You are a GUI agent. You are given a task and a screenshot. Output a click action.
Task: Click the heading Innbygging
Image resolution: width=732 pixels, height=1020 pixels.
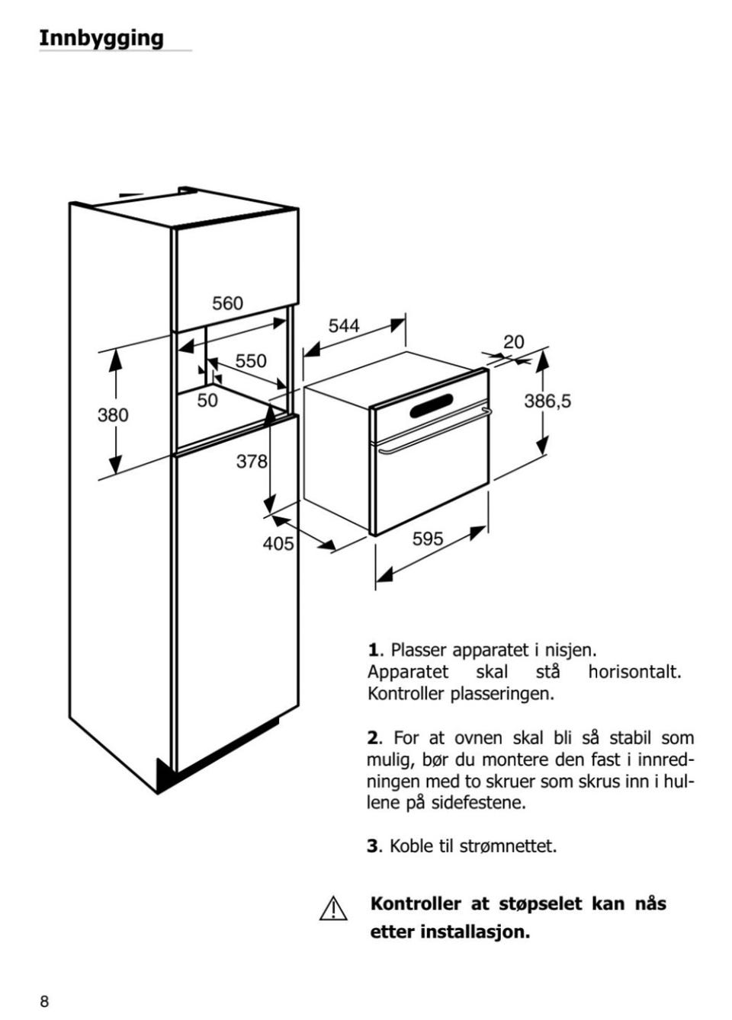101,40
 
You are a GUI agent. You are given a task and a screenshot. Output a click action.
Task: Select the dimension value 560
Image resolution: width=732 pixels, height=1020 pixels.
227,303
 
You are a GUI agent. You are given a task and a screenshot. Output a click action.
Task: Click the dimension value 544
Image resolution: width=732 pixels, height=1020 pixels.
344,326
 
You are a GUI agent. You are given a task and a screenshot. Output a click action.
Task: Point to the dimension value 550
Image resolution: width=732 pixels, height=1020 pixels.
251,361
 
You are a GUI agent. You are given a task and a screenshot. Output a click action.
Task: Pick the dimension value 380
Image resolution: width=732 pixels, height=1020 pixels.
113,415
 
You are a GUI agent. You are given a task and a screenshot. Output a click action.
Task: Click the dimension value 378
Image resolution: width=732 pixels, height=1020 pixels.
252,462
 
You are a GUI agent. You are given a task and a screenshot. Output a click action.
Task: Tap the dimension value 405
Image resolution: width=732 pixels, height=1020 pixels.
278,544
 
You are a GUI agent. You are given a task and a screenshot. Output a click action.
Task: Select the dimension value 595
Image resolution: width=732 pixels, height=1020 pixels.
428,539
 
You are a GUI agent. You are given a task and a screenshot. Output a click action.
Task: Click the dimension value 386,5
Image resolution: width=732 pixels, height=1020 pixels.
547,401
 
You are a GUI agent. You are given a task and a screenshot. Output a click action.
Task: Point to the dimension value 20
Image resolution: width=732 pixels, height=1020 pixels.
514,342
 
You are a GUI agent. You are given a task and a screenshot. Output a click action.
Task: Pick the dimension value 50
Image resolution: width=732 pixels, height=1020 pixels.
207,401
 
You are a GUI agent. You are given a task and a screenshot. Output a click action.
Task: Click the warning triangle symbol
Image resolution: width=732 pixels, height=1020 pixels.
333,909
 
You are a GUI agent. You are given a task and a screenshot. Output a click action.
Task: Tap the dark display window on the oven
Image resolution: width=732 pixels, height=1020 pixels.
431,406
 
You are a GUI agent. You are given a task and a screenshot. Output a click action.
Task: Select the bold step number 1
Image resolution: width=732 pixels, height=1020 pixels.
373,651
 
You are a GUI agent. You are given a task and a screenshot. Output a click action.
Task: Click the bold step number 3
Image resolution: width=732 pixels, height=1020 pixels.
373,847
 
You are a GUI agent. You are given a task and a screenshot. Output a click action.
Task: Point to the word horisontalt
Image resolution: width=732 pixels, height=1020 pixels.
634,672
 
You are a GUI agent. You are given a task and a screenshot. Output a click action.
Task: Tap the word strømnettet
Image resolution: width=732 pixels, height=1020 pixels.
509,847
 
